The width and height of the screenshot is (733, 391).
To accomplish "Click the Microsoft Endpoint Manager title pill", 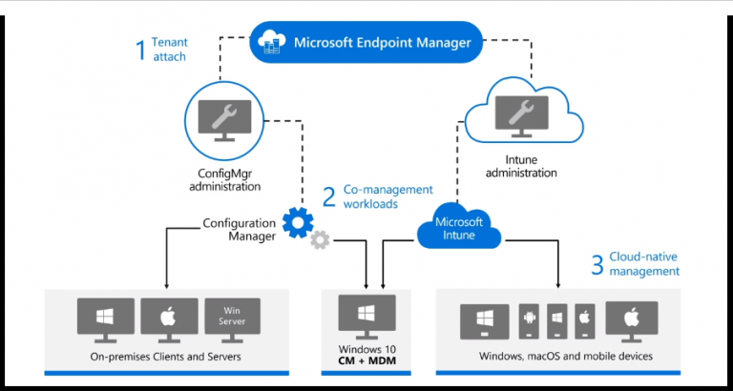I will pyautogui.click(x=366, y=43).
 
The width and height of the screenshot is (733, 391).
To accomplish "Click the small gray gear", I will pyautogui.click(x=320, y=241).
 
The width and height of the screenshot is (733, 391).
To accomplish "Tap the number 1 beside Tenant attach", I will pyautogui.click(x=140, y=49).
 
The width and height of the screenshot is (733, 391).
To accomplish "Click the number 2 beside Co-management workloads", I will pyautogui.click(x=328, y=197).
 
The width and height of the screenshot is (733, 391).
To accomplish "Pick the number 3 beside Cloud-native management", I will pyautogui.click(x=597, y=264).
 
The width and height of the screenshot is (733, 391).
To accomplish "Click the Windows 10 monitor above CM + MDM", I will pyautogui.click(x=366, y=315).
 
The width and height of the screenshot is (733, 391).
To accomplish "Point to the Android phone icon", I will pyautogui.click(x=529, y=321).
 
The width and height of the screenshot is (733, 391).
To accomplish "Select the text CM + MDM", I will pyautogui.click(x=366, y=360).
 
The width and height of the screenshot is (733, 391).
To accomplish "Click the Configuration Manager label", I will pyautogui.click(x=240, y=229).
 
